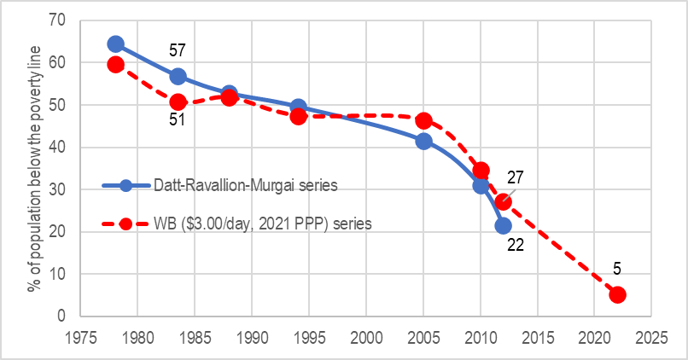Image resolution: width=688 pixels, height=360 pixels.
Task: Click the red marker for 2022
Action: click(x=617, y=294)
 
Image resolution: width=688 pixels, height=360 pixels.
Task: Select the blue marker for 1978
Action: click(x=116, y=44)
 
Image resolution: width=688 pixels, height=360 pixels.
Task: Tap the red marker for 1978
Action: click(x=116, y=64)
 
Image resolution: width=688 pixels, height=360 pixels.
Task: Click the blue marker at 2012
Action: click(x=504, y=225)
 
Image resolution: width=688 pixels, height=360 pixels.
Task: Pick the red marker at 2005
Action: click(x=423, y=120)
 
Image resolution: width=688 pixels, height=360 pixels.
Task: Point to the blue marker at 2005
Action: click(x=423, y=141)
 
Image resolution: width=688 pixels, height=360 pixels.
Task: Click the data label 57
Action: click(x=178, y=55)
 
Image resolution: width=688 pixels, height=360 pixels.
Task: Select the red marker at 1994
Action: click(x=299, y=116)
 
